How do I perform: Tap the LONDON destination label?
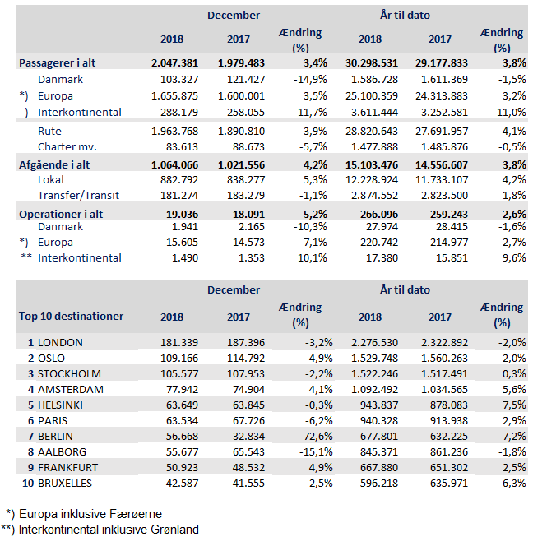point(60,342)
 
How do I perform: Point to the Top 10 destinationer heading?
point(72,316)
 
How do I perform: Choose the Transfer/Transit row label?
point(80,195)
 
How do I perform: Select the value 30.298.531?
point(370,62)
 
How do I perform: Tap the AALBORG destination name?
point(63,451)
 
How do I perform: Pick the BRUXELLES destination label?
point(65,483)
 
